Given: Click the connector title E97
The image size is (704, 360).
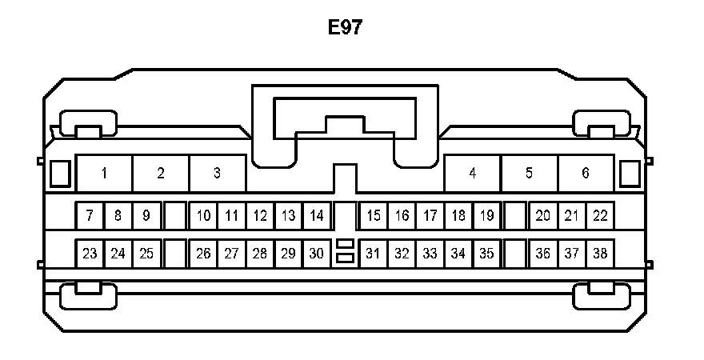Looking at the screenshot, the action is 346,28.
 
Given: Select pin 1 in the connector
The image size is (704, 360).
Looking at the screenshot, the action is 104,173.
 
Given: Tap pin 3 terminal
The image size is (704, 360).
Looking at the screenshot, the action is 217,173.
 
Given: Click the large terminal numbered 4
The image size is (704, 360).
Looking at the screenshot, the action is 473,173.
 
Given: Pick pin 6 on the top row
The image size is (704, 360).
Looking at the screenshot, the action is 586,173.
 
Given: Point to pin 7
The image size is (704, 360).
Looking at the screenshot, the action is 90,215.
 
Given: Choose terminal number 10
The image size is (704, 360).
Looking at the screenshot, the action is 203,215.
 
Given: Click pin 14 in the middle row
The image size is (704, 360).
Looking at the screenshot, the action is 317,215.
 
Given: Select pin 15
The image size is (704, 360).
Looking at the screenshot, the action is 373,215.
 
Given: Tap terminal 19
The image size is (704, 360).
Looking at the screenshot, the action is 486,215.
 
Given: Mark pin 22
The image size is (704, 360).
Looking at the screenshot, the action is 600,215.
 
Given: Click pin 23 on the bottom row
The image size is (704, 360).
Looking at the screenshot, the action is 90,254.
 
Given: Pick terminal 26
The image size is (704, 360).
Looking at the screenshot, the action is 203,254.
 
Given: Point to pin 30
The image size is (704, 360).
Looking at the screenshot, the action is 317,254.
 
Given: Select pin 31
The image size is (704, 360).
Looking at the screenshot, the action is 373,254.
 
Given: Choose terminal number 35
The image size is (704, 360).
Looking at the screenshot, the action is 486,254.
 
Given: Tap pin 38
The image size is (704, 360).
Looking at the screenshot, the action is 600,254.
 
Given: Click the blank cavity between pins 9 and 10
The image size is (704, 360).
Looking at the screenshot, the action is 174,215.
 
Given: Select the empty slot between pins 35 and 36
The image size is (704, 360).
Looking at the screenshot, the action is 515,254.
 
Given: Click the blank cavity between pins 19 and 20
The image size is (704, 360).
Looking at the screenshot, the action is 515,215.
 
